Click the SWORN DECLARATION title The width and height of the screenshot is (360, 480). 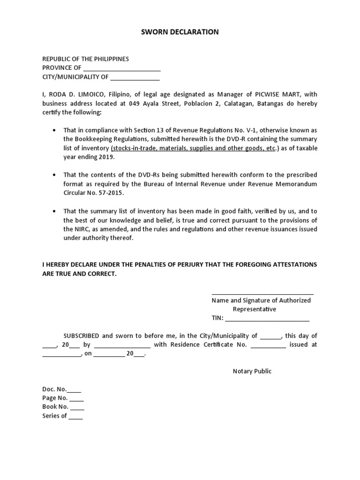pos(180,32)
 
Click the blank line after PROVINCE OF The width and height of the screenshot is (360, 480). pos(121,68)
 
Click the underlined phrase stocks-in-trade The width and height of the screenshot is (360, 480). pos(135,148)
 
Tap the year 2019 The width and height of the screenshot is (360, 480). pos(106,157)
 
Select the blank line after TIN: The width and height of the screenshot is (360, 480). pos(267,319)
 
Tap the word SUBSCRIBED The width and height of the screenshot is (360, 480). pos(81,336)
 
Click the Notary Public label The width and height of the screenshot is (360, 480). pos(252,371)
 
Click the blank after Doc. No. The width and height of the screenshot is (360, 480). pos(75,390)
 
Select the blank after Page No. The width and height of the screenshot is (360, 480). pos(77,398)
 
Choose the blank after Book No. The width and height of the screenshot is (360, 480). pos(77,407)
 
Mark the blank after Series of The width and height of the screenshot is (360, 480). pos(75,416)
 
